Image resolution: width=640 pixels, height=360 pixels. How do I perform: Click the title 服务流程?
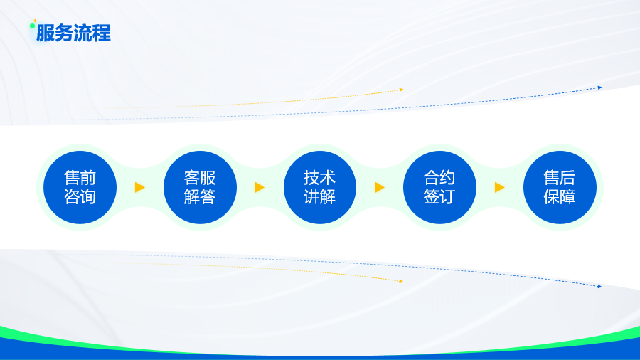click(73, 33)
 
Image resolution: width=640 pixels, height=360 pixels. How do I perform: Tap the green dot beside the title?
click(32, 26)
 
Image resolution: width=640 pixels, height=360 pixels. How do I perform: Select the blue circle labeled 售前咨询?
click(80, 187)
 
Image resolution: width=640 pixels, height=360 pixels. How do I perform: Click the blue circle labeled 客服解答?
click(200, 187)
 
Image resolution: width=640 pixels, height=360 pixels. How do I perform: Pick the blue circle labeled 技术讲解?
click(320, 187)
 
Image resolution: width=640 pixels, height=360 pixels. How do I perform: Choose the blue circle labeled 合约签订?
click(439, 187)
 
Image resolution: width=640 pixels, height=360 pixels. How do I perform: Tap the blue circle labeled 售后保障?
click(560, 187)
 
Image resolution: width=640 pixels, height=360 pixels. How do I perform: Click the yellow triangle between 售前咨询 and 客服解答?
click(139, 187)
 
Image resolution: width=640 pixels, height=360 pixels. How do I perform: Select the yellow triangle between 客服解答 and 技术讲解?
click(260, 187)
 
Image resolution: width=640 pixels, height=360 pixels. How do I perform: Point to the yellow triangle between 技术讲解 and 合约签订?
click(380, 187)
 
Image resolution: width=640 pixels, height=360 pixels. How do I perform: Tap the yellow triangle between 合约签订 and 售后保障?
click(500, 187)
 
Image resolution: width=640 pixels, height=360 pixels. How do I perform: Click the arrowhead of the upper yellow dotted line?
click(401, 90)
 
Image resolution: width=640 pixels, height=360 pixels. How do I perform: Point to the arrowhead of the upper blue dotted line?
click(599, 88)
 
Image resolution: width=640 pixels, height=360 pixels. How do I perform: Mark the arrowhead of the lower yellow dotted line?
click(401, 281)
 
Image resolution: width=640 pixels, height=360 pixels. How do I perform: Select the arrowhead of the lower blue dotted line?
click(599, 287)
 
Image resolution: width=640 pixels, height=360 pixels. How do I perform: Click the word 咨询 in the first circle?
click(80, 197)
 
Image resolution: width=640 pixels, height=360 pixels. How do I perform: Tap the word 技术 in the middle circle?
click(319, 178)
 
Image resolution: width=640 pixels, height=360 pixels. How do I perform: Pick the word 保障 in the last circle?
click(560, 197)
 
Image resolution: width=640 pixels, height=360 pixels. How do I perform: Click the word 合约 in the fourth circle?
click(439, 178)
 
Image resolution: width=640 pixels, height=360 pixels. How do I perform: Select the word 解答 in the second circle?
click(200, 197)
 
